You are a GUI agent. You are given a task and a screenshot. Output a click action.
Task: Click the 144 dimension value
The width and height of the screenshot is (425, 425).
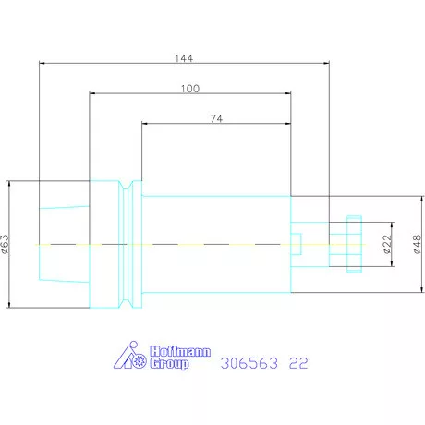184,58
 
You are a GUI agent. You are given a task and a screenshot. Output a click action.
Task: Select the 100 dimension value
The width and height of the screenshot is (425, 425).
190,89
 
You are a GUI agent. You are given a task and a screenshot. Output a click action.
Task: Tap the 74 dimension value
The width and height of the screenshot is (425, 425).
216,118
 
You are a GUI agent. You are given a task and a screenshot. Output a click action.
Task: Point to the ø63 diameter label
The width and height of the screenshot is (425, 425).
6,244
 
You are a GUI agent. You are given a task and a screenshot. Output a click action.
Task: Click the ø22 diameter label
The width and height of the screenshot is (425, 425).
387,244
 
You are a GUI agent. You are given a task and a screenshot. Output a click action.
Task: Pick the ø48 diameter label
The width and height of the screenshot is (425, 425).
417,244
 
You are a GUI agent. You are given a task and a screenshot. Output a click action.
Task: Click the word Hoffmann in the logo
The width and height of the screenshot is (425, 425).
180,351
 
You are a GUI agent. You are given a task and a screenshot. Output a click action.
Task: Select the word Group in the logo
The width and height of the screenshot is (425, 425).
169,364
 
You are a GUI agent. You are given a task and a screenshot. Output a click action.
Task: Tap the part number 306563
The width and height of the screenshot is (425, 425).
249,363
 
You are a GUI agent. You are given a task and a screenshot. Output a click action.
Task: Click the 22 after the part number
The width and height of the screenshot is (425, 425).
298,363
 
